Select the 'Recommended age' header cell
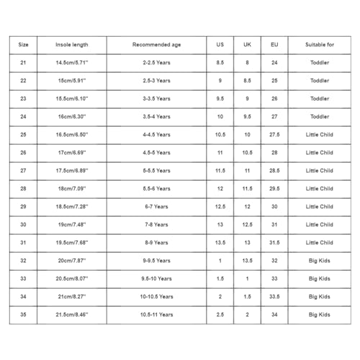[x=156, y=45]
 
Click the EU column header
[x=274, y=45]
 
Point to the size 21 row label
[x=23, y=63]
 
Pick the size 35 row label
[x=23, y=315]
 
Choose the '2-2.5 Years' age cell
[x=156, y=63]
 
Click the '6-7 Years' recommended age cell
[x=156, y=207]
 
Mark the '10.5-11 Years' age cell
[x=156, y=315]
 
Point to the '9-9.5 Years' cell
[x=156, y=261]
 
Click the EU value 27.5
[x=274, y=135]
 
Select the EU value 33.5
[x=274, y=297]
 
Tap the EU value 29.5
[x=274, y=189]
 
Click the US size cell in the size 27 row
[x=220, y=171]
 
